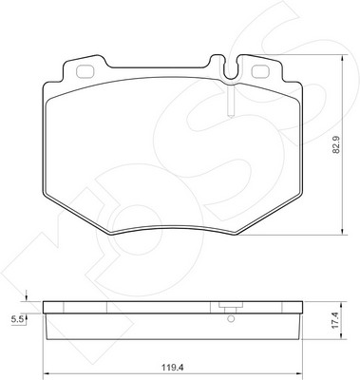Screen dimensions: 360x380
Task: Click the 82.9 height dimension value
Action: click(336, 144)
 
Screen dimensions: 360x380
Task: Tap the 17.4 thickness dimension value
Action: click(335, 320)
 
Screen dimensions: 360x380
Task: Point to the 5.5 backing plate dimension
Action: click(16, 320)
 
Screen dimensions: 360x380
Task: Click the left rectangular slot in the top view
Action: click(85, 71)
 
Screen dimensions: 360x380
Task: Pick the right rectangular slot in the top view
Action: click(260, 71)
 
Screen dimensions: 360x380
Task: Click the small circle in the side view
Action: click(231, 319)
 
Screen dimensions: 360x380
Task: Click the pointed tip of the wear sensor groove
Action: click(231, 118)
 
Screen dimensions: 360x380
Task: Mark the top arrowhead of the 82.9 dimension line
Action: click(342, 58)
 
